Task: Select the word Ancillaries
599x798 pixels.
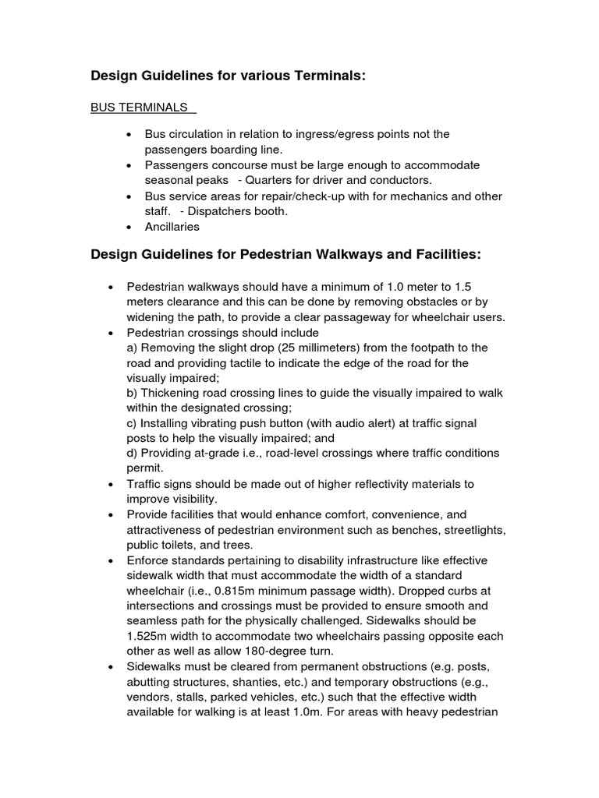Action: (x=172, y=227)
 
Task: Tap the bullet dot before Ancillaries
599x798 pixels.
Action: (x=129, y=227)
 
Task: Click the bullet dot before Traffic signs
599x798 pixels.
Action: (x=112, y=484)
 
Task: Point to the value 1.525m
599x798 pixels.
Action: (x=154, y=636)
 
